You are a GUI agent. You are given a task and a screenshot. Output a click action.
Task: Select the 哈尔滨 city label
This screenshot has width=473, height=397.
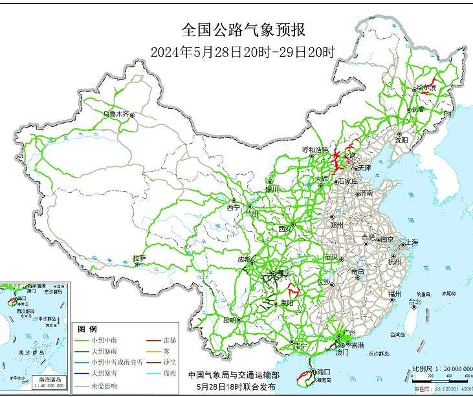[x=426, y=87]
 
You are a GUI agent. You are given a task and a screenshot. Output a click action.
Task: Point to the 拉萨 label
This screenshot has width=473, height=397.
[x=138, y=258]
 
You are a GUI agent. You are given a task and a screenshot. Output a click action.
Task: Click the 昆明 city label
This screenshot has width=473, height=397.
[x=230, y=320]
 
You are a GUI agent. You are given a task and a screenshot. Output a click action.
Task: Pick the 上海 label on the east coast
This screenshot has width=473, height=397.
[x=412, y=242]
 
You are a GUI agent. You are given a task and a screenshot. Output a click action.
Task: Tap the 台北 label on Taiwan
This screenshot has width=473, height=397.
[x=414, y=301]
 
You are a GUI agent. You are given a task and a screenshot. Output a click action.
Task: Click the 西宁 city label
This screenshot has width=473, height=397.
[x=233, y=208]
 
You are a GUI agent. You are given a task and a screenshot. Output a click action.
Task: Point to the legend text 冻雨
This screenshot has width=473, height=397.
[x=170, y=372]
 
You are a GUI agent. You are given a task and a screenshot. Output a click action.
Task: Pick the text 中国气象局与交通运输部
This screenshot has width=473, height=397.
[x=234, y=375]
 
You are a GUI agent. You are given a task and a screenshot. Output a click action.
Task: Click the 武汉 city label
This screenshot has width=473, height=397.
[x=331, y=257]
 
